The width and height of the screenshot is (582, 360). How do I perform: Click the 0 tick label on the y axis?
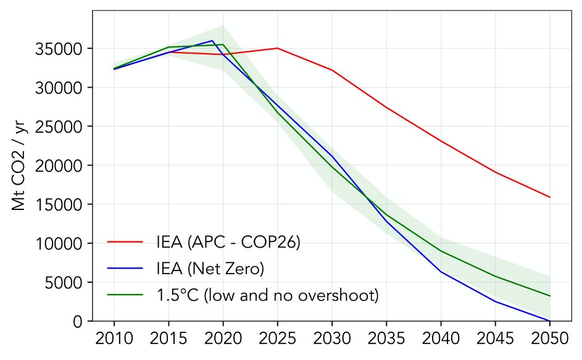[78, 322]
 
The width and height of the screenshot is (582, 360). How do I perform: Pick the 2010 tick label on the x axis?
[114, 339]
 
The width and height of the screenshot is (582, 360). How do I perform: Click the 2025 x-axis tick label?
[277, 339]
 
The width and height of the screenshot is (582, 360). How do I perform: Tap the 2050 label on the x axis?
[549, 339]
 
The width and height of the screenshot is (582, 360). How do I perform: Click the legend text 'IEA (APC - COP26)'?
[228, 243]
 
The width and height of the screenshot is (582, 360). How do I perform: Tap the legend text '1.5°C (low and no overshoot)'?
[267, 295]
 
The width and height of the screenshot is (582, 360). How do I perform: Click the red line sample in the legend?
[125, 243]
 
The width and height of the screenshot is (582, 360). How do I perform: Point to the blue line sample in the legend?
[125, 269]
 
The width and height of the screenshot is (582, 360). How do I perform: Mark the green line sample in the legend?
[125, 295]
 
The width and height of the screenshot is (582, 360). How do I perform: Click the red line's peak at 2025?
[277, 48]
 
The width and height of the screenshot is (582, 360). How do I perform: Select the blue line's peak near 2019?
[212, 41]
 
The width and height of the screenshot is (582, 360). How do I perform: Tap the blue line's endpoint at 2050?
[549, 321]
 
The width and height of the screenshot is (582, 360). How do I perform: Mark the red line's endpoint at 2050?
[549, 197]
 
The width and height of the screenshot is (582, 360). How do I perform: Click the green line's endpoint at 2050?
[549, 296]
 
